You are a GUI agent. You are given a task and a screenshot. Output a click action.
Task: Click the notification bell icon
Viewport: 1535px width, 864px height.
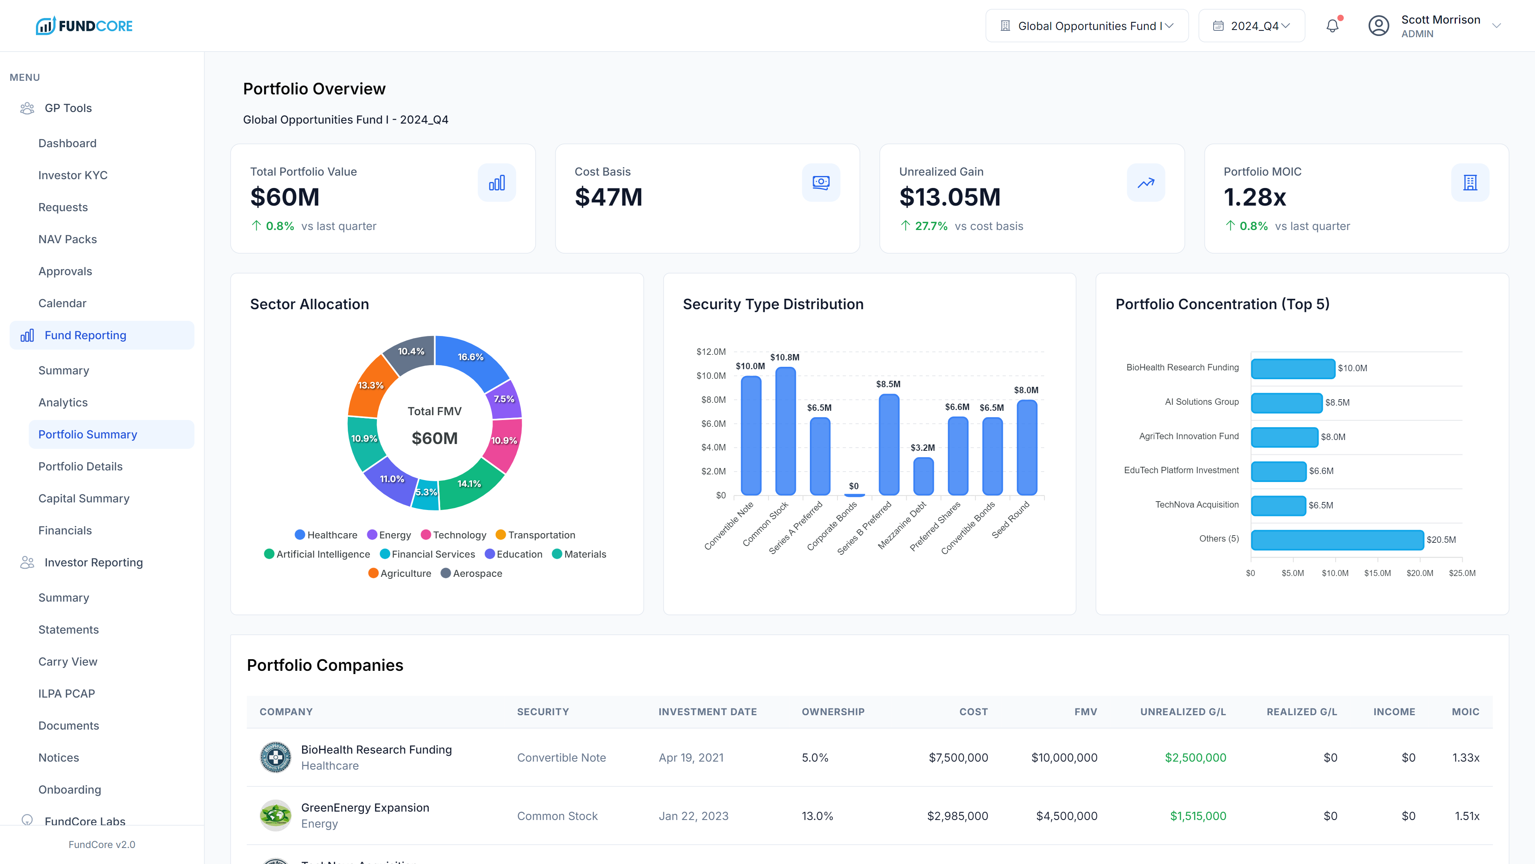(1332, 26)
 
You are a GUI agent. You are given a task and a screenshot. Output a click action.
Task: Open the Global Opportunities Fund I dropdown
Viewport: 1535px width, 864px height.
(1086, 26)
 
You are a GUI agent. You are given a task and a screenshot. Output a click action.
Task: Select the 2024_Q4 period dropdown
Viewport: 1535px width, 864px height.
(1251, 26)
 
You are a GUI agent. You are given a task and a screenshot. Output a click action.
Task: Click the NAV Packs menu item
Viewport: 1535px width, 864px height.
(67, 239)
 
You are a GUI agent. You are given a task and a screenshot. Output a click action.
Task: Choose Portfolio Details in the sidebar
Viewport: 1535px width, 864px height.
(80, 466)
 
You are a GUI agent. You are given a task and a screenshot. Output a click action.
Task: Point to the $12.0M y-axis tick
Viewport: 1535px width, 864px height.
(711, 352)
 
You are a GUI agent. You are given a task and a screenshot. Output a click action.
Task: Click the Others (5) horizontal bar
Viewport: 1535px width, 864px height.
(1337, 540)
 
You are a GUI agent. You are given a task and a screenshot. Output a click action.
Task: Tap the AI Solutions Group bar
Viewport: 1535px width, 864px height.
(1286, 402)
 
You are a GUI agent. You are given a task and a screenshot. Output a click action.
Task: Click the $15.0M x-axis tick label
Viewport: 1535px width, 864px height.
(1377, 573)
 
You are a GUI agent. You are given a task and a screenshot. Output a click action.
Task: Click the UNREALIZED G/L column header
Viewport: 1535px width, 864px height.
(1183, 711)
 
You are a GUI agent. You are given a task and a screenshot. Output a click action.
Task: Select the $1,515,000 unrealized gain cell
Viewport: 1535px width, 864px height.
(1198, 816)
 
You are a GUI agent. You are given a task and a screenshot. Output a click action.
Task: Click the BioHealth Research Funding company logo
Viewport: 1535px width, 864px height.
(275, 757)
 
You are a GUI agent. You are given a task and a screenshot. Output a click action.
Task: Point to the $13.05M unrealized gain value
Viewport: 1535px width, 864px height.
(950, 197)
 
